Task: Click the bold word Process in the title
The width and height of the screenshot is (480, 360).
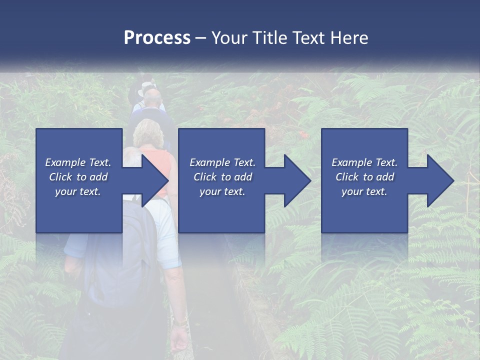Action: point(157,37)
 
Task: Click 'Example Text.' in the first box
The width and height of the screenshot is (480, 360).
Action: point(78,162)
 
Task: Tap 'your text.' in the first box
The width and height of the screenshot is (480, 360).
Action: point(78,191)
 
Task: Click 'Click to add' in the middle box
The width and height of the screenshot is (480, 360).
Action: point(222,177)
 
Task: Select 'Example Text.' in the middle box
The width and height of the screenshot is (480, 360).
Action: point(222,162)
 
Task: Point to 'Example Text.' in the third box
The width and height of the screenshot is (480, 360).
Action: point(364,162)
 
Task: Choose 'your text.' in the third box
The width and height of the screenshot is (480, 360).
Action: point(364,191)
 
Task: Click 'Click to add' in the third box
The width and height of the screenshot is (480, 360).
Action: point(364,177)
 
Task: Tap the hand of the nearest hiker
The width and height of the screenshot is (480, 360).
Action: point(179,339)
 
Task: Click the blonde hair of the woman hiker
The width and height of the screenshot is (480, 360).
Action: point(147,132)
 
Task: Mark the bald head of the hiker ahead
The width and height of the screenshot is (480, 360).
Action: point(152,95)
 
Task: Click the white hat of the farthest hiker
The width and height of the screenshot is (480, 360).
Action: point(147,86)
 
